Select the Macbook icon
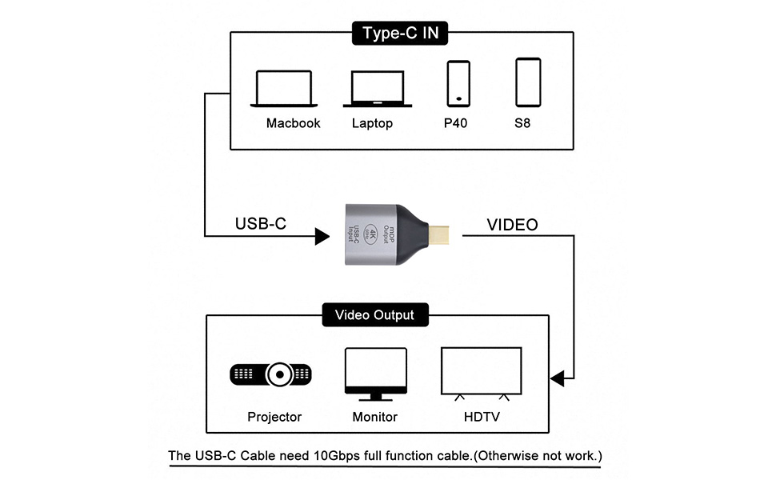(284, 89)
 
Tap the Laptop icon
(378, 89)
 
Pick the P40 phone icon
(458, 82)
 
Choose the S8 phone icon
(528, 82)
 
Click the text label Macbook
(293, 123)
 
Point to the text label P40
(455, 123)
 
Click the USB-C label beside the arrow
(261, 224)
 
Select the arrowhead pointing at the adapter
(322, 236)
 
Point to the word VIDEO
(513, 225)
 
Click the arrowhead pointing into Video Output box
(557, 375)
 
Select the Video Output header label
(374, 314)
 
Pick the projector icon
(270, 374)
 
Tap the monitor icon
(375, 374)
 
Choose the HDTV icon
(482, 373)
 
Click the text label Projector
(274, 417)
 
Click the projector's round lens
(280, 374)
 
